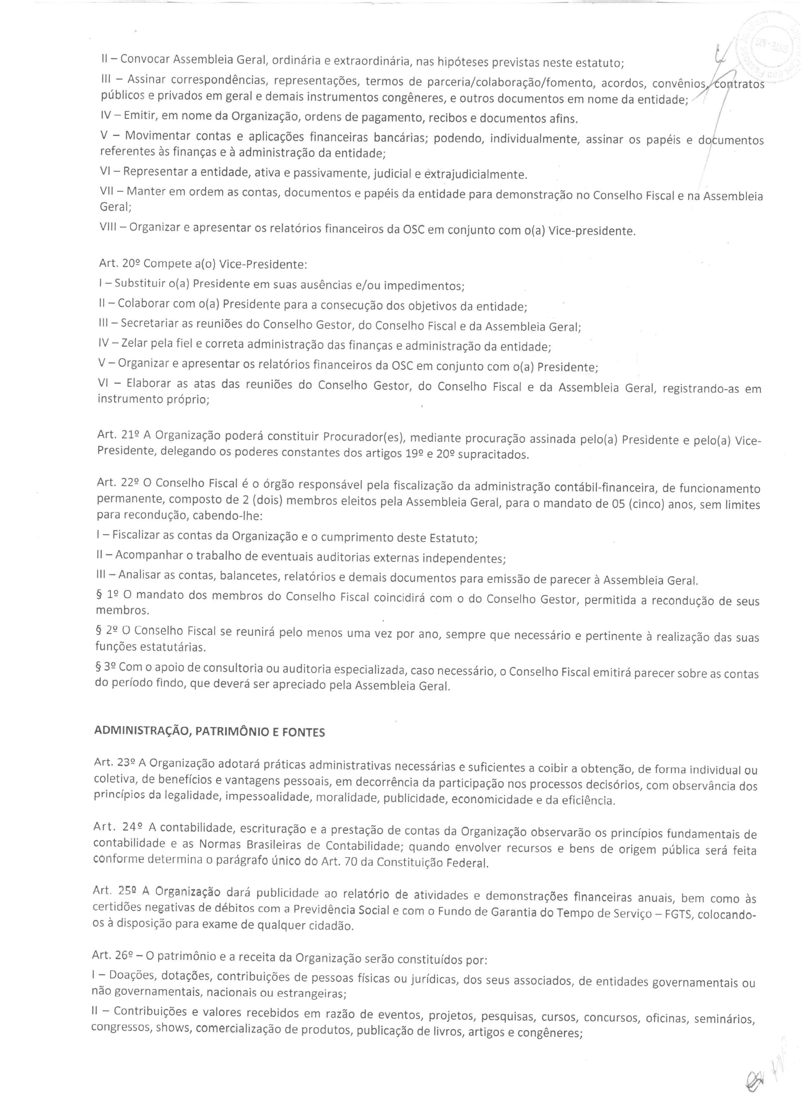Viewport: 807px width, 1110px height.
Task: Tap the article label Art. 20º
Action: tap(117, 264)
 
